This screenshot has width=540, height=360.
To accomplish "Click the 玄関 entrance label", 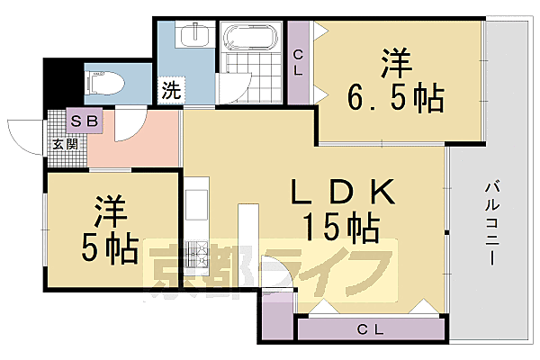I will pyautogui.click(x=63, y=142).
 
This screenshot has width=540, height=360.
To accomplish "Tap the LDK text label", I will pyautogui.click(x=343, y=193).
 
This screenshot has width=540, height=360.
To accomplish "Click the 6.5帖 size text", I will pyautogui.click(x=396, y=97).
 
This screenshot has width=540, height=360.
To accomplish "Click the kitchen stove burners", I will pyautogui.click(x=198, y=256).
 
